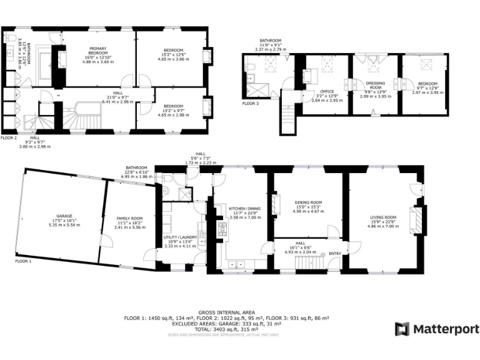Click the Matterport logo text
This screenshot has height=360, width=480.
tap(445, 329)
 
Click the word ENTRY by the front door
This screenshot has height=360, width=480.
tap(336, 253)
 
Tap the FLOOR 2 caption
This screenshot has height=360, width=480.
tap(9, 137)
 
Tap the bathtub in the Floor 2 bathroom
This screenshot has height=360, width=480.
tap(46, 64)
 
